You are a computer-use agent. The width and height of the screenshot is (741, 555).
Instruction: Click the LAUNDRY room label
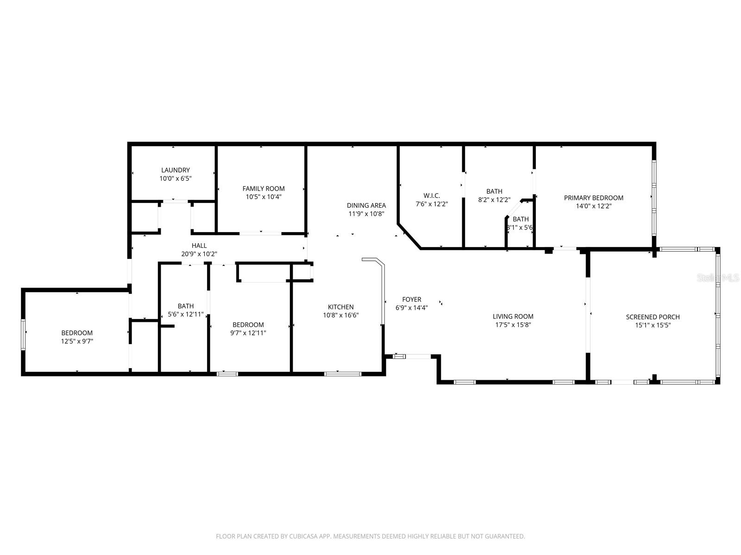176,170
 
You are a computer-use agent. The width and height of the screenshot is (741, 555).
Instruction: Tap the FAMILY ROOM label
264,189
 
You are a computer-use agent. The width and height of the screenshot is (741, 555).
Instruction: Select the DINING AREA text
366,206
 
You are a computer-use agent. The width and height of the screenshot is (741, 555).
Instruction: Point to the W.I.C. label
432,196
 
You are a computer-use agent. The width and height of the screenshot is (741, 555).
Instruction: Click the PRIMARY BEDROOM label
593,198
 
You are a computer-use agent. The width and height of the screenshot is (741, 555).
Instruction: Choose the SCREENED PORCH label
653,317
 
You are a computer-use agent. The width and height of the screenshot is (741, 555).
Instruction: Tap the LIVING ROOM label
513,317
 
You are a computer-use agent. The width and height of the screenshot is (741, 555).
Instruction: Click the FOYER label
411,300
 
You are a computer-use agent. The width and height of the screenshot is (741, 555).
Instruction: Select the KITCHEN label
341,307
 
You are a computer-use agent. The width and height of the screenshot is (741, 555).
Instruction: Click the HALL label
199,246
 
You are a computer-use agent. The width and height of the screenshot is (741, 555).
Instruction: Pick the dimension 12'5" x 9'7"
77,341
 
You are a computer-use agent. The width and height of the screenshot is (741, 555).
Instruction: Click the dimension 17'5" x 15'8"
513,325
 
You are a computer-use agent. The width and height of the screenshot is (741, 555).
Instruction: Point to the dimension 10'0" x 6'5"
176,178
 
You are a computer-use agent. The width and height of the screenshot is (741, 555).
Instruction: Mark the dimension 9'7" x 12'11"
248,333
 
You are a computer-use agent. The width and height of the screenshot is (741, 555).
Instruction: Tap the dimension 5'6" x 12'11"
186,314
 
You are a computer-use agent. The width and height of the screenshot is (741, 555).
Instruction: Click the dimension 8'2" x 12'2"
494,200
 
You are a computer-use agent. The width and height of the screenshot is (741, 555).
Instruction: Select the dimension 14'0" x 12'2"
593,206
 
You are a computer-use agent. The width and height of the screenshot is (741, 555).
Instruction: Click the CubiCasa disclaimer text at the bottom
370,536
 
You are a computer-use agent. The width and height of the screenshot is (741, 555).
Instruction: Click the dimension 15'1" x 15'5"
653,325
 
